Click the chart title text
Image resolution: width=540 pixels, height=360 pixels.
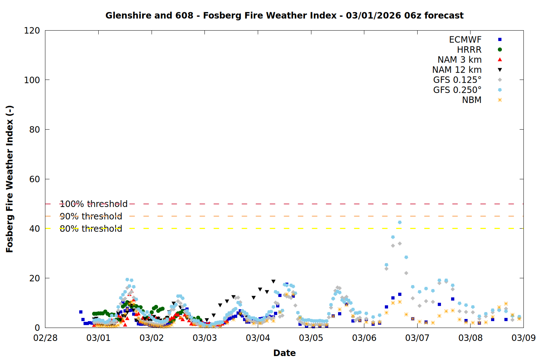tap(284, 15)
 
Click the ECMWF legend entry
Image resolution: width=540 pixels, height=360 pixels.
tap(465, 40)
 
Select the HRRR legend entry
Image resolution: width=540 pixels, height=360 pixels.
tap(469, 50)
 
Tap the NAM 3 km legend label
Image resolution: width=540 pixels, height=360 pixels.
tap(459, 60)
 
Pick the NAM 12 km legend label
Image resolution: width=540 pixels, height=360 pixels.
tap(457, 70)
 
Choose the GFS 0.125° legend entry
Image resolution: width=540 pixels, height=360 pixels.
tap(457, 80)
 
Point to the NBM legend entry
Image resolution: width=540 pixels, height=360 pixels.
tap(472, 100)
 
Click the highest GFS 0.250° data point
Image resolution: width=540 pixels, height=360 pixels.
tap(400, 222)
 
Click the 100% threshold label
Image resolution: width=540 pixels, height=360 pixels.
tap(94, 204)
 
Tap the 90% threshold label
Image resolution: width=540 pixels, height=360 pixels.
tap(91, 216)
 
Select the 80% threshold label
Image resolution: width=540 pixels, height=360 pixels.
tap(91, 229)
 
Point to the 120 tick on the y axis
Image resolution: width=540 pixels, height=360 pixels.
tap(32, 31)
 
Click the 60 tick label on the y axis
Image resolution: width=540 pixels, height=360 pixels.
tap(35, 179)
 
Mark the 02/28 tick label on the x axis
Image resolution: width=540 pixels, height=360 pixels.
tap(45, 338)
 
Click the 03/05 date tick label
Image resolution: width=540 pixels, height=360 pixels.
tap(311, 338)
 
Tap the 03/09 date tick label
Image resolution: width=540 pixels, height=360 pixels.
tap(523, 338)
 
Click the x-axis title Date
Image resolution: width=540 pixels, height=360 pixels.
tap(284, 353)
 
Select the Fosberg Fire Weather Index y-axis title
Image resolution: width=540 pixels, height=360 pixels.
tap(10, 179)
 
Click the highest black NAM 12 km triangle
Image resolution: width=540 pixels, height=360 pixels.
tap(273, 282)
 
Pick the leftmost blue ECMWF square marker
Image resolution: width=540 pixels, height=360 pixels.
tap(81, 312)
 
